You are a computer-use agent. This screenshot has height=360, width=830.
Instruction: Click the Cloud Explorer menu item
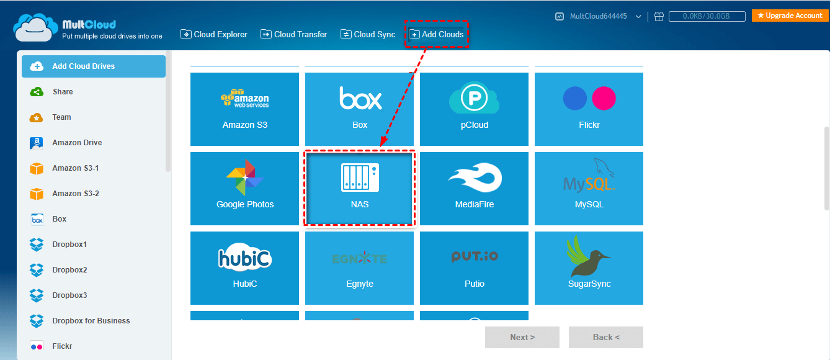tap(214, 35)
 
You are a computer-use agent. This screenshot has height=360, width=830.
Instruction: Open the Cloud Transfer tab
tap(294, 35)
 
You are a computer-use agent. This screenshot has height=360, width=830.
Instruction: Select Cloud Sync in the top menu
tap(368, 35)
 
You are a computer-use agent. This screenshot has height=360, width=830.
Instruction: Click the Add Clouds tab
tap(437, 35)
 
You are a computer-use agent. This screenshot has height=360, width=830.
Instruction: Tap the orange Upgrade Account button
tap(790, 16)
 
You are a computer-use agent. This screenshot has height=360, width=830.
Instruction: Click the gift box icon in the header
tap(659, 16)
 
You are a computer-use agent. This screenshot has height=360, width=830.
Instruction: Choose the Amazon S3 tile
tap(244, 109)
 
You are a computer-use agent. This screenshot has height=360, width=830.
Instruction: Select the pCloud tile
tap(474, 109)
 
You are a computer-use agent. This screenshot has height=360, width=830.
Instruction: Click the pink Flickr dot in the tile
tap(604, 98)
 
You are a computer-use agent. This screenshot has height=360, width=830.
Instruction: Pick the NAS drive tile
tap(359, 188)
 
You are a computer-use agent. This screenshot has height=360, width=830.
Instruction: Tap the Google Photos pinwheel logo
tap(245, 178)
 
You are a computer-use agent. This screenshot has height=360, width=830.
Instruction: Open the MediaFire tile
tap(474, 188)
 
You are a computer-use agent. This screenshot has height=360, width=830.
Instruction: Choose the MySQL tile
tap(589, 188)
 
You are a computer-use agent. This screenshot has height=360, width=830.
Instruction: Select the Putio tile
tap(474, 268)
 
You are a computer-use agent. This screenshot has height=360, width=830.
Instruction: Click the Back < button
tap(606, 338)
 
